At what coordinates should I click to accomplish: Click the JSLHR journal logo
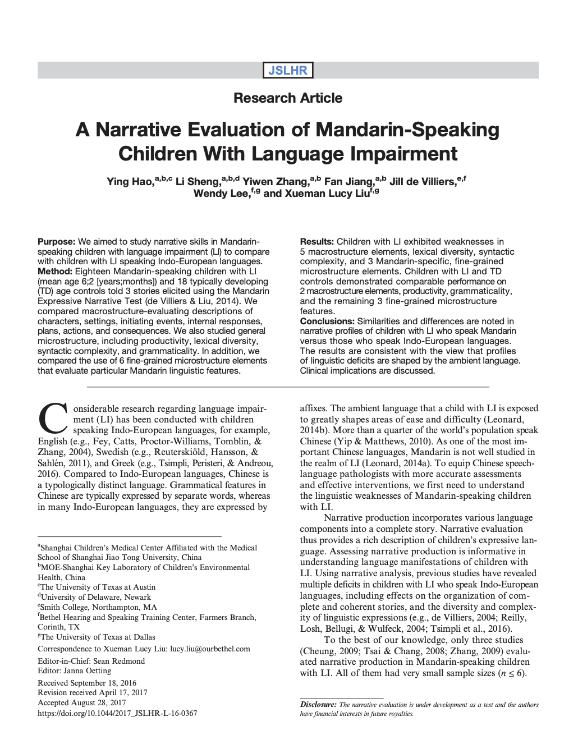point(288,70)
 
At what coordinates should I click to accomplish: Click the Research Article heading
point(288,98)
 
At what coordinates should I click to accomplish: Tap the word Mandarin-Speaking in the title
point(407,130)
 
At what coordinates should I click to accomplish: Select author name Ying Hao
point(130,182)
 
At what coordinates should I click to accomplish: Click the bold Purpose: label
point(56,242)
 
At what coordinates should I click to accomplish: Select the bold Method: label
point(55,272)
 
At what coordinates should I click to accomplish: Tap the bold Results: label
point(317,242)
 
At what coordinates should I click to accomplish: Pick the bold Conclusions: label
point(327,321)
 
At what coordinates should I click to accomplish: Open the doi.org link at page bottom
point(117,714)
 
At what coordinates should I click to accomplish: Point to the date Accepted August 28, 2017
point(82,703)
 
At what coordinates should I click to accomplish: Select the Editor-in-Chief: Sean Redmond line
point(91,661)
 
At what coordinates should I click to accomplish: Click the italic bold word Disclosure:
point(318,705)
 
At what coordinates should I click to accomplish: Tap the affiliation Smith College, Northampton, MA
point(99,608)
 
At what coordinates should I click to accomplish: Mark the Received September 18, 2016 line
point(87,683)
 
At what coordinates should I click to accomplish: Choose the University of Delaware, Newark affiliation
point(95,598)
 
